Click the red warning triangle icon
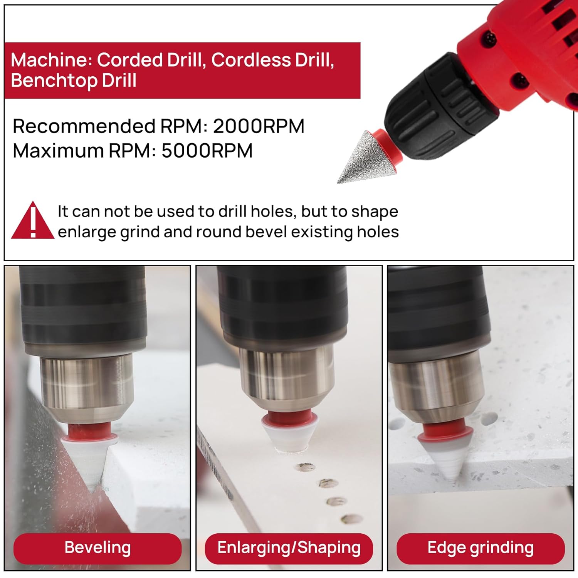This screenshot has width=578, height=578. tap(33, 220)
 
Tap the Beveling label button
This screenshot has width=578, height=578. tap(97, 548)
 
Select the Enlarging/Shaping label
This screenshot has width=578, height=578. tap(289, 548)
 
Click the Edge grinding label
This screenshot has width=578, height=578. tap(481, 548)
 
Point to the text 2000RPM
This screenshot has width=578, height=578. tap(259, 126)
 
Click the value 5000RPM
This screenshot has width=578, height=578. tap(207, 150)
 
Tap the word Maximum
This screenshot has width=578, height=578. tap(58, 150)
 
